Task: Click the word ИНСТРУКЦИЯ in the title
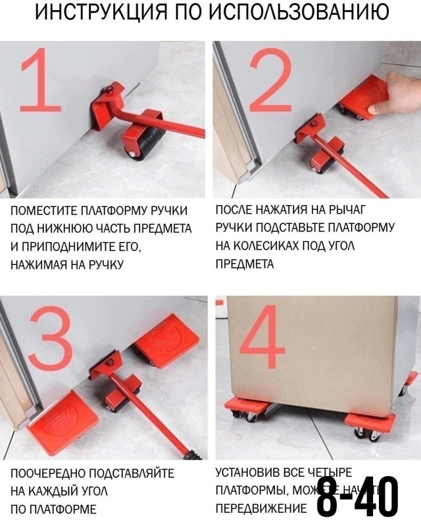[99, 13]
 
